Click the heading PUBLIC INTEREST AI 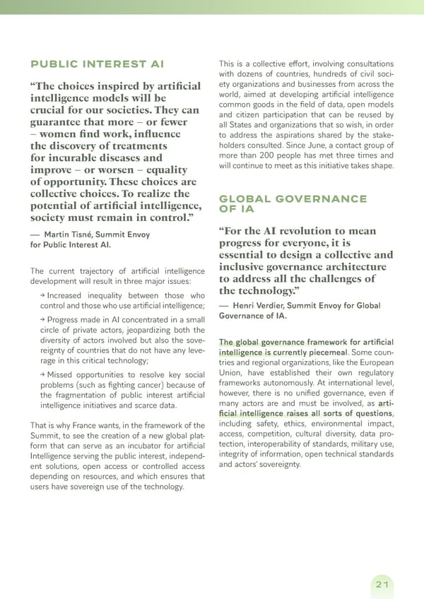[97, 64]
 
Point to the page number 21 [382, 584]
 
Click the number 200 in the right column [276, 155]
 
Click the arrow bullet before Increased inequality [42, 295]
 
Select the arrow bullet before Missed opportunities [42, 374]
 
